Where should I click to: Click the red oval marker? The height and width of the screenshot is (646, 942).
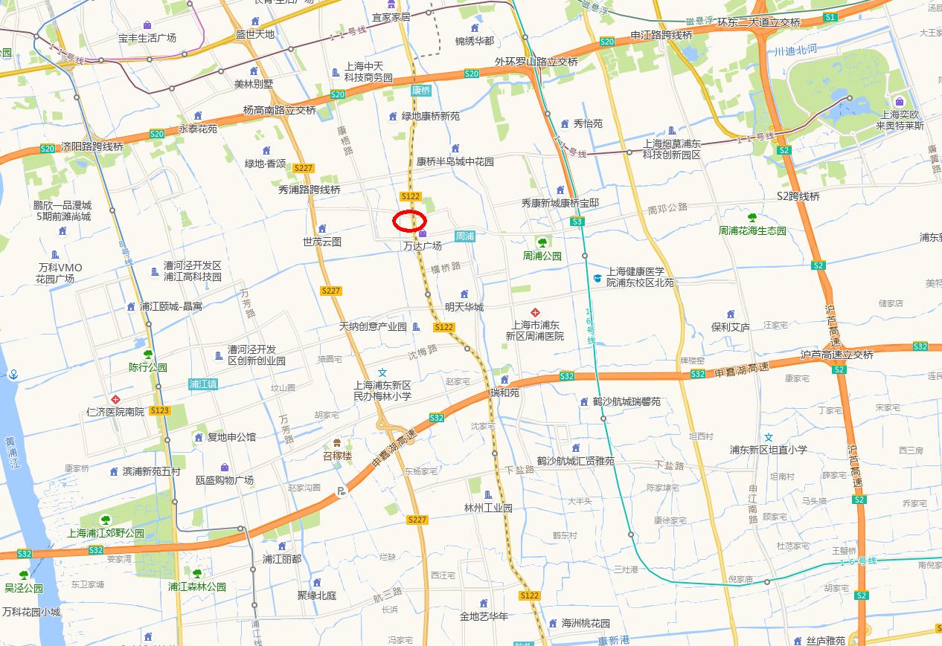409,221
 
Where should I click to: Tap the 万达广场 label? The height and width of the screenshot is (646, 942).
423,245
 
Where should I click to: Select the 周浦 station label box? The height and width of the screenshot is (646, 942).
465,236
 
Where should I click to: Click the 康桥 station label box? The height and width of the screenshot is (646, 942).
420,90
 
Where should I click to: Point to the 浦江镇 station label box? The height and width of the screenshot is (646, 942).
203,384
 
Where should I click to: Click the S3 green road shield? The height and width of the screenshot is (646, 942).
577,222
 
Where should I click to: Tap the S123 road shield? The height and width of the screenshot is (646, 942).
160,410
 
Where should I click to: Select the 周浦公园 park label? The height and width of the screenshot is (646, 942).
542,256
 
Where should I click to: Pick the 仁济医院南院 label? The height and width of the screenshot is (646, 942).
115,411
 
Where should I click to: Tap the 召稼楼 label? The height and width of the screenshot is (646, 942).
337,456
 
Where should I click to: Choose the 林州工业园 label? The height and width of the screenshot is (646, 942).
488,508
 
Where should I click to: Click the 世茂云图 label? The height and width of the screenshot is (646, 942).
322,242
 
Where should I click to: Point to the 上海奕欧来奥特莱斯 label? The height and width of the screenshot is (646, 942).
900,120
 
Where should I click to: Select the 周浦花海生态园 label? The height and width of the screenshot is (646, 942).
752,230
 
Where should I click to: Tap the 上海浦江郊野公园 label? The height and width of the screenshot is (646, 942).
106,532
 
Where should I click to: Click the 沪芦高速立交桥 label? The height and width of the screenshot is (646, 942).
837,355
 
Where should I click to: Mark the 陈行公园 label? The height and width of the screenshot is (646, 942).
148,366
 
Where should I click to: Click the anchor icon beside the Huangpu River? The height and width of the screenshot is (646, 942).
13,374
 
